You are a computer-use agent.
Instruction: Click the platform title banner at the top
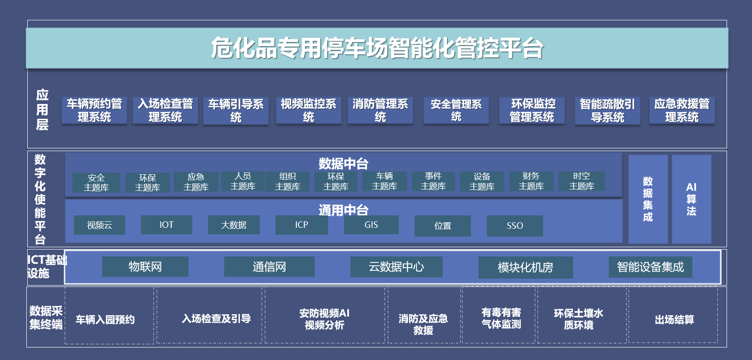click(x=377, y=48)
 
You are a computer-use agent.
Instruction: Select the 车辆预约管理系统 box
click(x=94, y=110)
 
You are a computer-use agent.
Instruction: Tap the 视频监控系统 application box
click(x=308, y=110)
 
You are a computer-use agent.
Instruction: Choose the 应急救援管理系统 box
click(x=682, y=110)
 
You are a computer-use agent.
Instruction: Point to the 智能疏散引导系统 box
click(x=607, y=110)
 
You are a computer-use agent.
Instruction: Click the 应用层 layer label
click(x=42, y=110)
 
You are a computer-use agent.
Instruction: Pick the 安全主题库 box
click(x=96, y=183)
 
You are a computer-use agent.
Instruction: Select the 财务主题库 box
click(x=531, y=181)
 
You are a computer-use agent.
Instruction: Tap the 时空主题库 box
click(x=581, y=181)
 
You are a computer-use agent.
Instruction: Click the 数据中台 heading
click(x=343, y=163)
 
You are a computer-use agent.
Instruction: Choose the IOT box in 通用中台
click(x=166, y=225)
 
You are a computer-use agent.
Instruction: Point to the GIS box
click(x=371, y=225)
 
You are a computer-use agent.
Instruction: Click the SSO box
click(x=514, y=226)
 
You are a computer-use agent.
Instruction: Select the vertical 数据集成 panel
click(x=648, y=199)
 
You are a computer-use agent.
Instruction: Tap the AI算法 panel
click(x=691, y=199)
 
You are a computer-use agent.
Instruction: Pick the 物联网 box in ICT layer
click(x=145, y=267)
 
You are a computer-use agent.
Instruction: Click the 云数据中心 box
click(x=396, y=267)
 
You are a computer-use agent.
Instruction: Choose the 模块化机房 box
click(x=525, y=268)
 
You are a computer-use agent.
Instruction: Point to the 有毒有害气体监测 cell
click(x=501, y=318)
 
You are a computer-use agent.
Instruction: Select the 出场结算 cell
click(x=674, y=319)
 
